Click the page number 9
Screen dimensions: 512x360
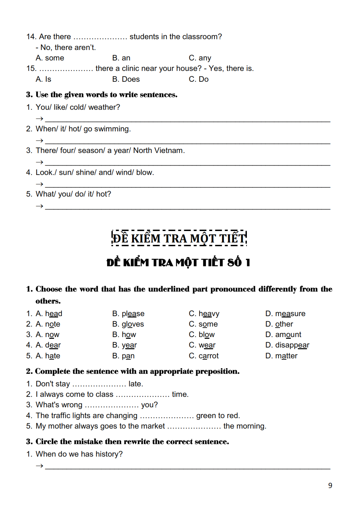[x=330, y=485]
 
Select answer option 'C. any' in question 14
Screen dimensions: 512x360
[x=200, y=58]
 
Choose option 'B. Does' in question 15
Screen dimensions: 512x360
[x=126, y=79]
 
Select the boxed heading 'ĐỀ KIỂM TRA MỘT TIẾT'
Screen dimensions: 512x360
[x=179, y=238]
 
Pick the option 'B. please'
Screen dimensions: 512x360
[x=128, y=314]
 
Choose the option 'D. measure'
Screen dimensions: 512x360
[x=285, y=314]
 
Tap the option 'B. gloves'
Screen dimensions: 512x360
[x=128, y=324]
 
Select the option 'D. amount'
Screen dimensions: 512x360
[x=283, y=335]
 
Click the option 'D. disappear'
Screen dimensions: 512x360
[x=287, y=345]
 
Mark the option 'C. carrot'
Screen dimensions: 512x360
[x=204, y=356]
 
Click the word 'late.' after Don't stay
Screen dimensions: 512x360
[x=136, y=384]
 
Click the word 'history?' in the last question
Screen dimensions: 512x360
[x=109, y=454]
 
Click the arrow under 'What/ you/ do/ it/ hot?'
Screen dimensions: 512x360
[x=40, y=206]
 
